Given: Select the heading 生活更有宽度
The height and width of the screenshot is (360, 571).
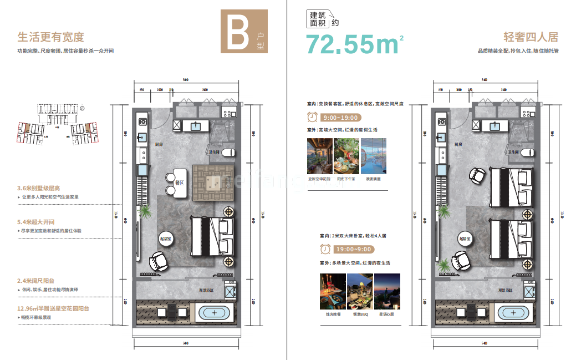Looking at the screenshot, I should point(50,37).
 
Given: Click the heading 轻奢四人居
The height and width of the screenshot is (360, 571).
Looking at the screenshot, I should point(531,37).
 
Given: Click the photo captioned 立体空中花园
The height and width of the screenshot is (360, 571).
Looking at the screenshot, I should point(319,156).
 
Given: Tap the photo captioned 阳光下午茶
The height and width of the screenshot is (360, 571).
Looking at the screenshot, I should point(346,156).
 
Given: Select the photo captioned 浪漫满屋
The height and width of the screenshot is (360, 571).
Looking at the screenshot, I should point(373,156).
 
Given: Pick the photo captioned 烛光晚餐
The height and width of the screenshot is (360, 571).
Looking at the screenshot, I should point(332,291).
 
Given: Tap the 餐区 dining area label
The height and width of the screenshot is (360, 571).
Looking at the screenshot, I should point(180,182).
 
